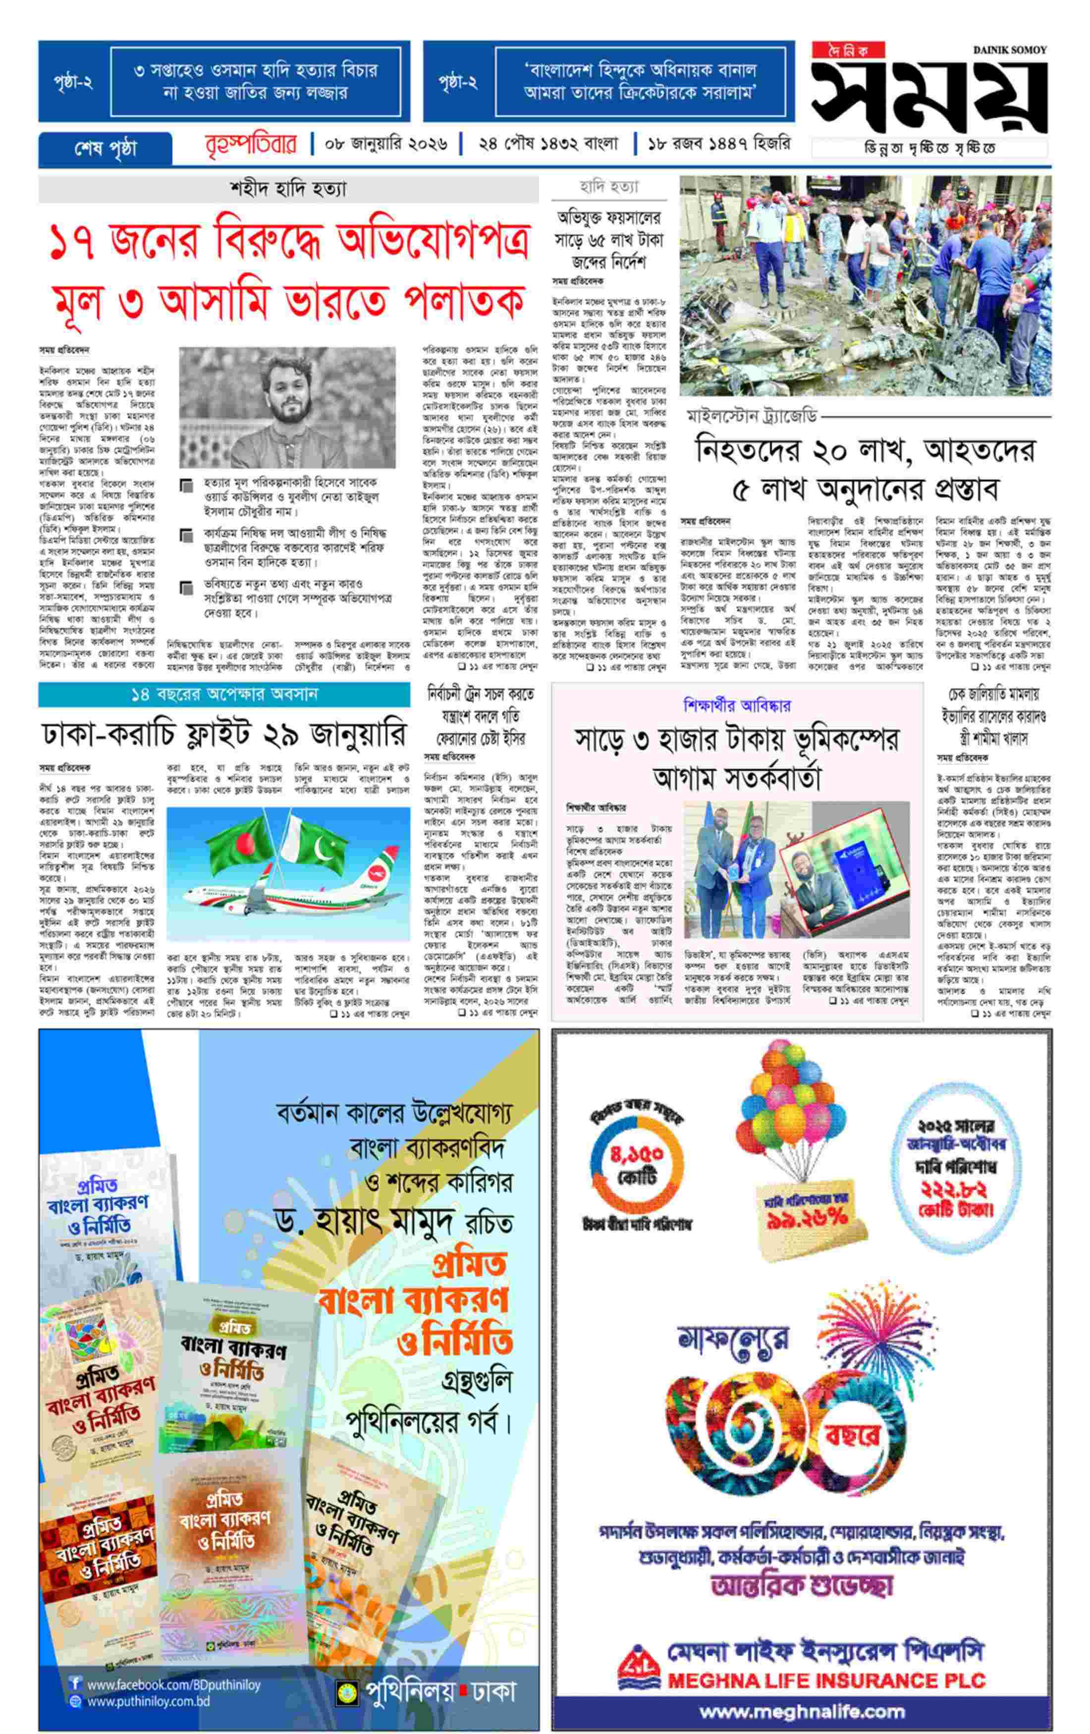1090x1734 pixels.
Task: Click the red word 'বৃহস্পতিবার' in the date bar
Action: click(251, 144)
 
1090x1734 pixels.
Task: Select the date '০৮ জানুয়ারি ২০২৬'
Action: click(386, 144)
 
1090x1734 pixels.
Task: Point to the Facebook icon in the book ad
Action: click(75, 1683)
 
